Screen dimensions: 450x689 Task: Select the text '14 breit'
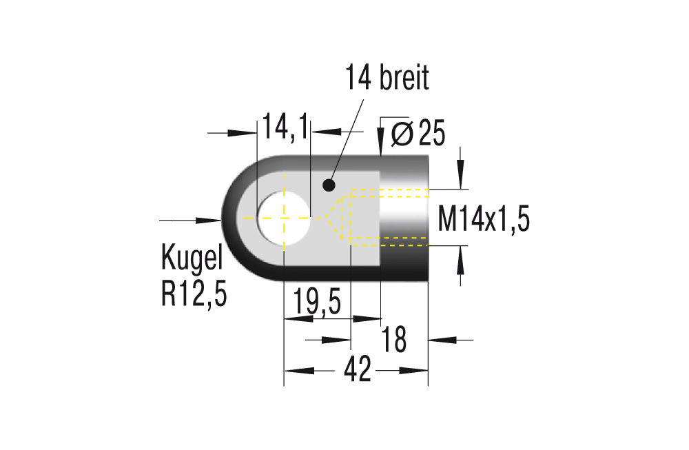[x=387, y=78]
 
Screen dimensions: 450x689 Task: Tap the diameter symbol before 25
[x=401, y=133]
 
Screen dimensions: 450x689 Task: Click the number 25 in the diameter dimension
[x=431, y=134]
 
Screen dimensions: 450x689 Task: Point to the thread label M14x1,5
[x=484, y=221]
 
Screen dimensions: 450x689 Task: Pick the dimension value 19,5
[x=317, y=303]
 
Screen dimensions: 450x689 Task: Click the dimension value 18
[x=395, y=339]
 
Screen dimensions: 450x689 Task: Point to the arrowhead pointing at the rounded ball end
[x=210, y=221]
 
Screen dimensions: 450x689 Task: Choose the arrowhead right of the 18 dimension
[x=441, y=339]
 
